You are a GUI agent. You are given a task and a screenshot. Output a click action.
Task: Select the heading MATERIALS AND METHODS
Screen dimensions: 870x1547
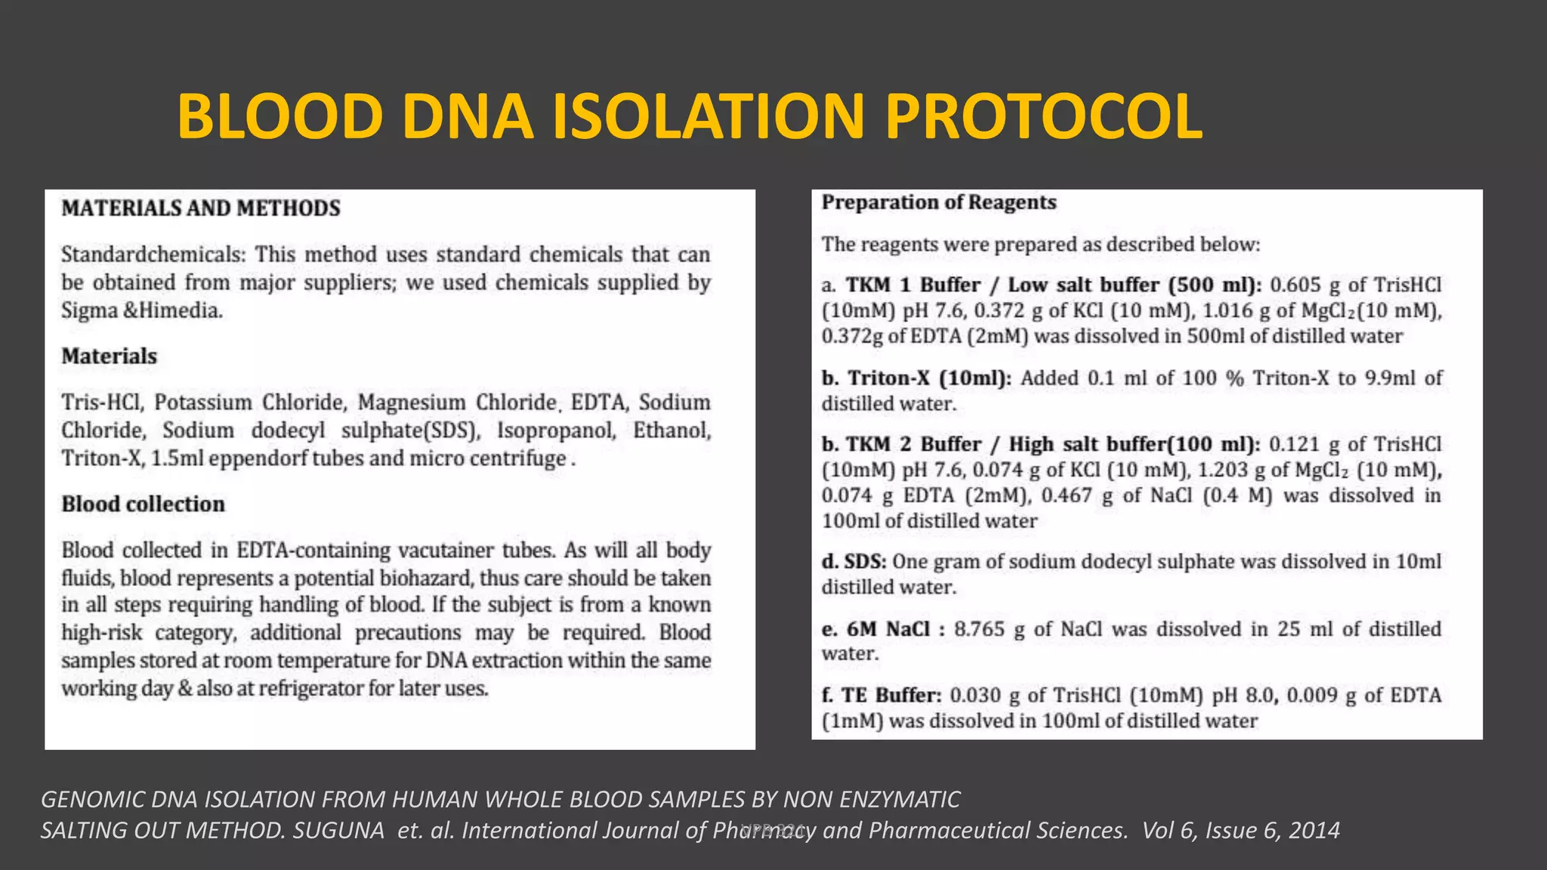pos(201,208)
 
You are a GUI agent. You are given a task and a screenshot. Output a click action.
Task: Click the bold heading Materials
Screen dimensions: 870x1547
pos(110,356)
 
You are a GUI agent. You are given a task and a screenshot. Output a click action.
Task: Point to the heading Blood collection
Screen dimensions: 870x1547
pos(144,504)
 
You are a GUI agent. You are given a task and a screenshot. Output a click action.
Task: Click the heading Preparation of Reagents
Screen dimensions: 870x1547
pos(939,202)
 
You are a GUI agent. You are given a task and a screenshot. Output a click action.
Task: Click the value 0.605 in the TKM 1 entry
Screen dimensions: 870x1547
pos(1295,285)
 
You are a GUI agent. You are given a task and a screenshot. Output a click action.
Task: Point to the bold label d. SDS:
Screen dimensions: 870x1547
pos(854,562)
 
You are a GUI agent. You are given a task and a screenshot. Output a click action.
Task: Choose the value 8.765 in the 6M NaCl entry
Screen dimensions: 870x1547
pos(979,629)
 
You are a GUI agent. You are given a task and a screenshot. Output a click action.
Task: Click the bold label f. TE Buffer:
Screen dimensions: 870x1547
pos(882,695)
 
